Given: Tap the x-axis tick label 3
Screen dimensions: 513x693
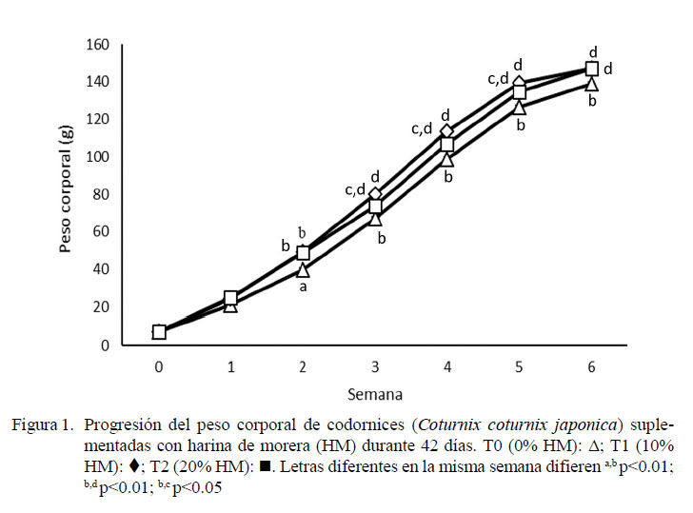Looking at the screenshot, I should (x=375, y=365).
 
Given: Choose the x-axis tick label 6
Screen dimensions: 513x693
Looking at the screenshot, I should (x=591, y=365).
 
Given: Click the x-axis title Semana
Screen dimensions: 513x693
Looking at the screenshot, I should (x=375, y=392).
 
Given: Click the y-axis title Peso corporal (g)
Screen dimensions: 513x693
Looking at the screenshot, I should (x=66, y=194).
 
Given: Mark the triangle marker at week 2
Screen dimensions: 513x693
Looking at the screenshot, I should (x=303, y=270).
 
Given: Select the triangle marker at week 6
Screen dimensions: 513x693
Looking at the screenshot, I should (x=591, y=84).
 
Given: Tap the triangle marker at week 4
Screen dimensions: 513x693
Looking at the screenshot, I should (x=447, y=159).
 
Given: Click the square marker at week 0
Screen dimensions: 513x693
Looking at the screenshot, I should (x=159, y=332).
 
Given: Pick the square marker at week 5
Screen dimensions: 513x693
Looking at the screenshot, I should (x=520, y=91).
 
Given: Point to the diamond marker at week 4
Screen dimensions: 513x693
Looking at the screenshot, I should (x=447, y=131).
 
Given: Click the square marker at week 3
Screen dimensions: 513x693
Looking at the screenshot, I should (x=375, y=206).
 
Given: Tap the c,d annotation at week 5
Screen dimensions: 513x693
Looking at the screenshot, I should (x=499, y=79).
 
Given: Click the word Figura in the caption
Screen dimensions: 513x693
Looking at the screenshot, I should (x=34, y=424).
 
